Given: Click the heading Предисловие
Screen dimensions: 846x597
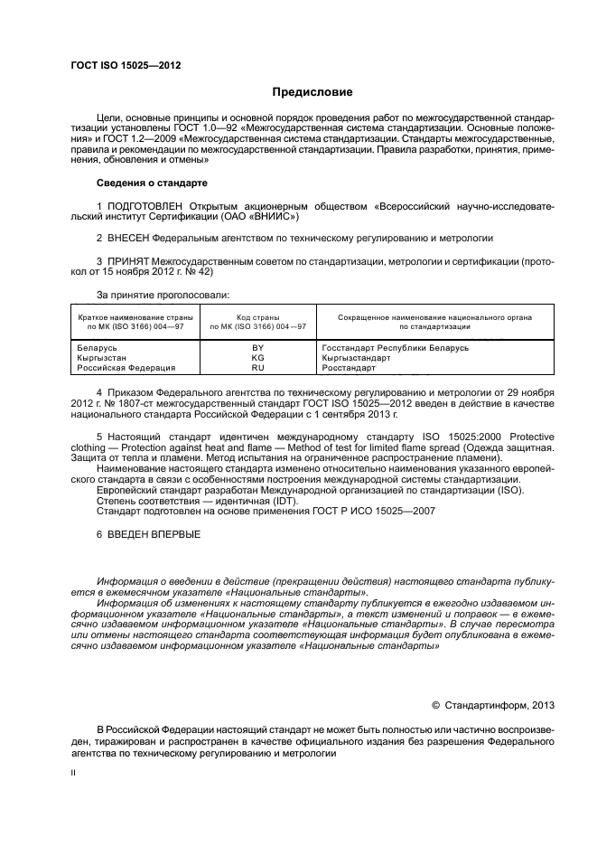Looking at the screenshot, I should click(312, 92).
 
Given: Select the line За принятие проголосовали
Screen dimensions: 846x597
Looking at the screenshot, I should click(163, 295).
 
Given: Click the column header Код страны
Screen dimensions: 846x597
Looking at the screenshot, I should click(257, 317).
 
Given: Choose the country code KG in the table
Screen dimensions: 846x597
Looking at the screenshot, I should click(257, 358).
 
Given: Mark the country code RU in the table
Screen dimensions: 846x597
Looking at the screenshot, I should click(257, 368).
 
